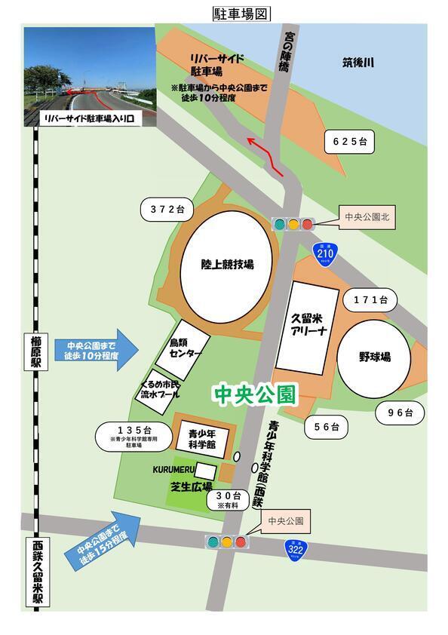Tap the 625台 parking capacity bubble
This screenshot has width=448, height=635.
[349, 141]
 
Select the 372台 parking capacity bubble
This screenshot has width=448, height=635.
[167, 209]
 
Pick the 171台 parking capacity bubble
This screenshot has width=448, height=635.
[370, 300]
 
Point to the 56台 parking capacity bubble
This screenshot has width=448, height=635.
[327, 427]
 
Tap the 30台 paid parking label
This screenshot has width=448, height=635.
[227, 499]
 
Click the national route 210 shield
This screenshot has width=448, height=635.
[325, 254]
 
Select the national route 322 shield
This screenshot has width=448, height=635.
[296, 551]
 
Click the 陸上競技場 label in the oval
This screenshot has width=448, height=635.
[227, 265]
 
